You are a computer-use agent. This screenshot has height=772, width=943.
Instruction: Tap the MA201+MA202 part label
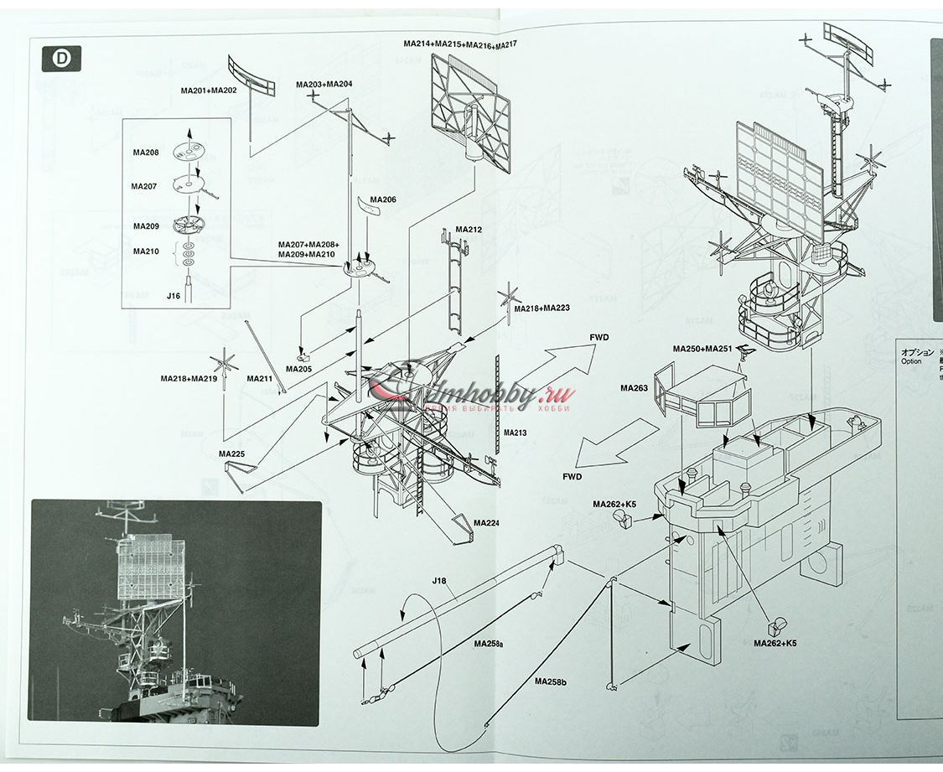209,90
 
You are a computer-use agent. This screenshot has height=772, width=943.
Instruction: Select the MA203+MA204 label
324,85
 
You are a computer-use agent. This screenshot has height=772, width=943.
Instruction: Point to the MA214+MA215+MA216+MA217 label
460,44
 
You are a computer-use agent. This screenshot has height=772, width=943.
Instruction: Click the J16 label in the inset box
174,296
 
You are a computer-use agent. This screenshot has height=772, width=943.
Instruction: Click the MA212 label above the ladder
469,229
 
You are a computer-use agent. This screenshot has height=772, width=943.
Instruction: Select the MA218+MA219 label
189,378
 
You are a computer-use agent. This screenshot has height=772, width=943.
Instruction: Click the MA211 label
260,378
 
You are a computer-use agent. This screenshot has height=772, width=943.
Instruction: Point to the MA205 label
298,368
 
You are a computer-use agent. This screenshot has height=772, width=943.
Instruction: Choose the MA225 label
231,453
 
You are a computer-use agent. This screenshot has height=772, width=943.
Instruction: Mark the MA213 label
516,433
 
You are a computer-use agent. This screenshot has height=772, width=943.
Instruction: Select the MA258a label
488,644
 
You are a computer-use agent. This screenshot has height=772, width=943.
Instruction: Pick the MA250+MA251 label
702,349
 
